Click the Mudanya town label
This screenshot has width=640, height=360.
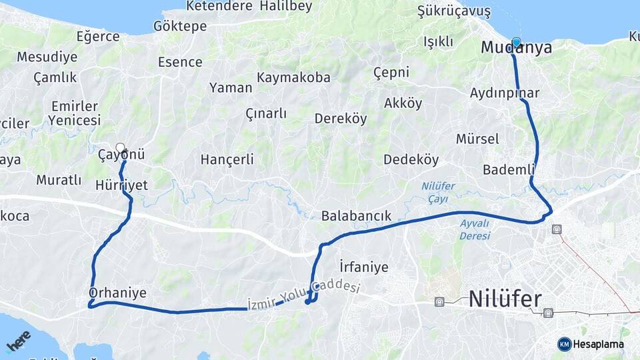pyautogui.click(x=517, y=48)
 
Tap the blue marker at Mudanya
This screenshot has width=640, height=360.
pyautogui.click(x=516, y=42)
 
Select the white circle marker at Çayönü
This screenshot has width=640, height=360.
pyautogui.click(x=120, y=147)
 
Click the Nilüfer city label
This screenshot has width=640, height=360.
pyautogui.click(x=505, y=299)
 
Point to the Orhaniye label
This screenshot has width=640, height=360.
pyautogui.click(x=117, y=293)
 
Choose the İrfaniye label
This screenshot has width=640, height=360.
pyautogui.click(x=363, y=267)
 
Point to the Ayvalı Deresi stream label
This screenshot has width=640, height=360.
pyautogui.click(x=475, y=229)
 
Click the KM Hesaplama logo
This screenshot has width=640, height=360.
pyautogui.click(x=591, y=344)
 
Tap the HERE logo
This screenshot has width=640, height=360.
pyautogui.click(x=19, y=341)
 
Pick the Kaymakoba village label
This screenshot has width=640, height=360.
pyautogui.click(x=293, y=77)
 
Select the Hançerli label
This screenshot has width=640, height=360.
pyautogui.click(x=227, y=159)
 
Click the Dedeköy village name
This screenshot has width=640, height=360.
pyautogui.click(x=411, y=160)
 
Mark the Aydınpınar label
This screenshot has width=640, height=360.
pyautogui.click(x=505, y=93)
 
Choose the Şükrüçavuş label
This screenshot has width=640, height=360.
pyautogui.click(x=453, y=11)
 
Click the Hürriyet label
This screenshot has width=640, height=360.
pyautogui.click(x=121, y=185)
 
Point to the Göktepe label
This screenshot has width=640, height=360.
pyautogui.click(x=180, y=26)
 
